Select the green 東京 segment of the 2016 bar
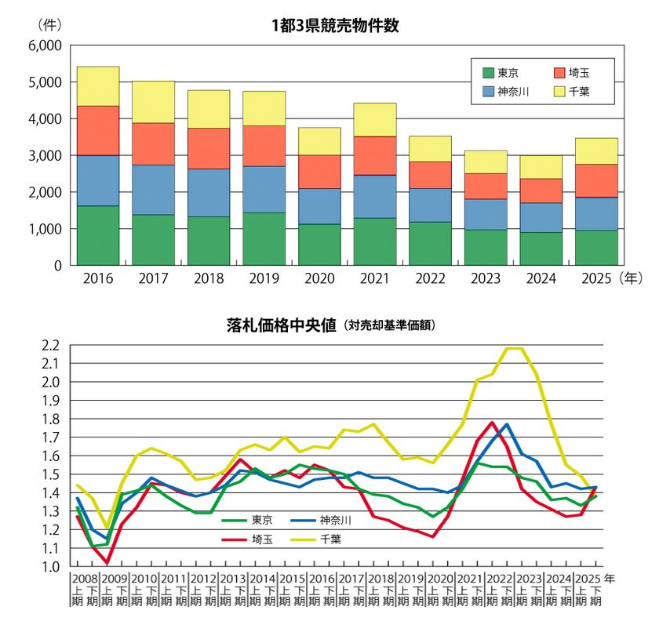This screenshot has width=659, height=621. pos(98,235)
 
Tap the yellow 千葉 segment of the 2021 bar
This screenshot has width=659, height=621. pos(374,119)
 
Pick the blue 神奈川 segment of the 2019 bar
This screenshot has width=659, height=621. pos(264,189)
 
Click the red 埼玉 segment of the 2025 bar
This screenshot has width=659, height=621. pos(596,180)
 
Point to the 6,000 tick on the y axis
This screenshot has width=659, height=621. pos(46,45)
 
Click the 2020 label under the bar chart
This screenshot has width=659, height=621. pos(319,278)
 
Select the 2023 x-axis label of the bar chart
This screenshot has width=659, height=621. pos(486,278)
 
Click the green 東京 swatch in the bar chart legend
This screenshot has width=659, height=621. pos(488,72)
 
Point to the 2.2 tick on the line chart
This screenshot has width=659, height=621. pos(50,345)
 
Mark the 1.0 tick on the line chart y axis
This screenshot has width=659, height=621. pos(50,566)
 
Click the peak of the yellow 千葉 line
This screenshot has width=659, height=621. pos(514,348)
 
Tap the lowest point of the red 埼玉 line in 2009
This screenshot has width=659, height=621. pos(107,562)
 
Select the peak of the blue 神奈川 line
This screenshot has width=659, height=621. pos(507,424)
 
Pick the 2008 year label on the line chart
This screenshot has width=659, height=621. pos(84,579)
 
